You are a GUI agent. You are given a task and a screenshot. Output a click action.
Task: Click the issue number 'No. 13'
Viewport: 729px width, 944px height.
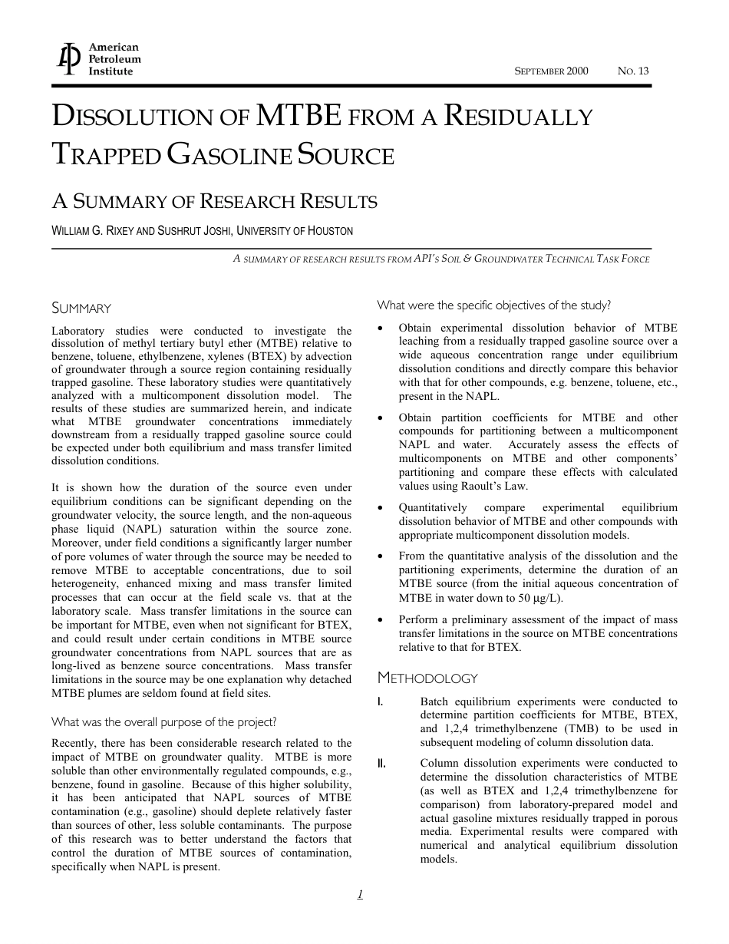[x=633, y=71]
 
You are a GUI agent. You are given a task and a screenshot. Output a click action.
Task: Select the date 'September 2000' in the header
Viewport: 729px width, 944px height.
[x=551, y=71]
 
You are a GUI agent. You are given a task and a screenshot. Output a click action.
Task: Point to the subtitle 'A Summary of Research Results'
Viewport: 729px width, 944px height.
[x=214, y=202]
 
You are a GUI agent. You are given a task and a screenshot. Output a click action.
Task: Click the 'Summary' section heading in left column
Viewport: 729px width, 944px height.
[x=81, y=309]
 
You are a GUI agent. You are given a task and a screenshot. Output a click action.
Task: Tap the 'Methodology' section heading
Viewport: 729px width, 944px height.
[x=427, y=678]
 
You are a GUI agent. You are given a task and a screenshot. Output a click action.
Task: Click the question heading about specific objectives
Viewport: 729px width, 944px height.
[x=493, y=305]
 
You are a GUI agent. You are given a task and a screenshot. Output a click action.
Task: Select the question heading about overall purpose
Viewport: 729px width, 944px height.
[x=163, y=722]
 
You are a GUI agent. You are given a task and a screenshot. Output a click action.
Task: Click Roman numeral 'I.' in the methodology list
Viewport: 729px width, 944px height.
[x=381, y=701]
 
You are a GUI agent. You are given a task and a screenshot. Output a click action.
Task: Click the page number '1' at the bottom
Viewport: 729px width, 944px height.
[x=360, y=893]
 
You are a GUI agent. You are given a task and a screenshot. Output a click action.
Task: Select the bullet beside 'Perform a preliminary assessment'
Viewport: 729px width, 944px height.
[x=381, y=619]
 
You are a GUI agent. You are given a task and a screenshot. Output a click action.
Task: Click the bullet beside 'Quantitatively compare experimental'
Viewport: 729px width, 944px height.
[x=381, y=507]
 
